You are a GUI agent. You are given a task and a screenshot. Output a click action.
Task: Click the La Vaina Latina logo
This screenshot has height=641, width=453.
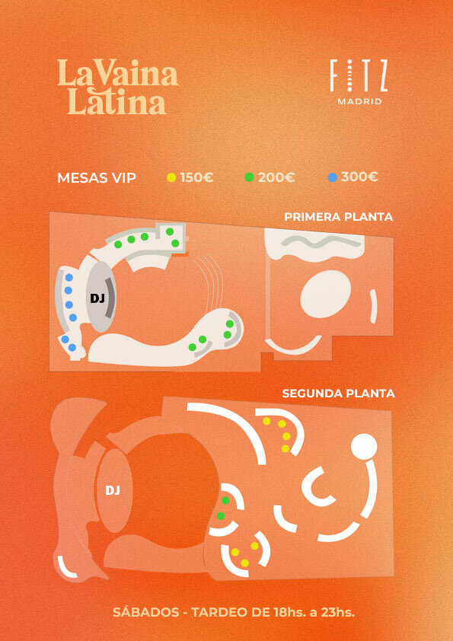point(118,87)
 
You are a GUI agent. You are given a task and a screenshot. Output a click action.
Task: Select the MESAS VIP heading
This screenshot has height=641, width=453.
point(97,178)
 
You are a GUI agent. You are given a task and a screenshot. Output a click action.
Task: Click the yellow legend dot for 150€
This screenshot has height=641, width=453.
point(172,177)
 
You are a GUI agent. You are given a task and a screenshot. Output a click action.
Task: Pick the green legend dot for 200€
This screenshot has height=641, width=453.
point(249,177)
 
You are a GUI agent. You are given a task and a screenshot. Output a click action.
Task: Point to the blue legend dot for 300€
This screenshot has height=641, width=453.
point(333,177)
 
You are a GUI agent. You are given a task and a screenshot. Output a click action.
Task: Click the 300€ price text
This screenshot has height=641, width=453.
point(359,177)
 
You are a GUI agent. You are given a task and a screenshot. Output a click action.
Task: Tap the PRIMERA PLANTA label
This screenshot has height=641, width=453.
point(339,217)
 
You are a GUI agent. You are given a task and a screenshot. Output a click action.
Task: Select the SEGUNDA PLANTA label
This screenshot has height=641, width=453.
point(338,394)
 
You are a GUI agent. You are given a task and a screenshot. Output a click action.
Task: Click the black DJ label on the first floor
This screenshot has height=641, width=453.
point(97,298)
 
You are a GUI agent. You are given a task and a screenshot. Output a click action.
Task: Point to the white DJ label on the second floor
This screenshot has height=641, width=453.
point(113,490)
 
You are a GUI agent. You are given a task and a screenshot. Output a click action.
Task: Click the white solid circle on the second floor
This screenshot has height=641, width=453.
point(364,446)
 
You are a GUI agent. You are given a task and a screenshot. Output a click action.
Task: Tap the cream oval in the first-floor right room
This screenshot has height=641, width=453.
point(326,294)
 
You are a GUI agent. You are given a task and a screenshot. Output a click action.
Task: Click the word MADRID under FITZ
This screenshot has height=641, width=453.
point(360,102)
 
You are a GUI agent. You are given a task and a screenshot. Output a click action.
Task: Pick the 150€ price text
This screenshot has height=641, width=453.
point(196,177)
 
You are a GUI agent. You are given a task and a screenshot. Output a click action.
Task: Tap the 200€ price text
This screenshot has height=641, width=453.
point(276,177)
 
